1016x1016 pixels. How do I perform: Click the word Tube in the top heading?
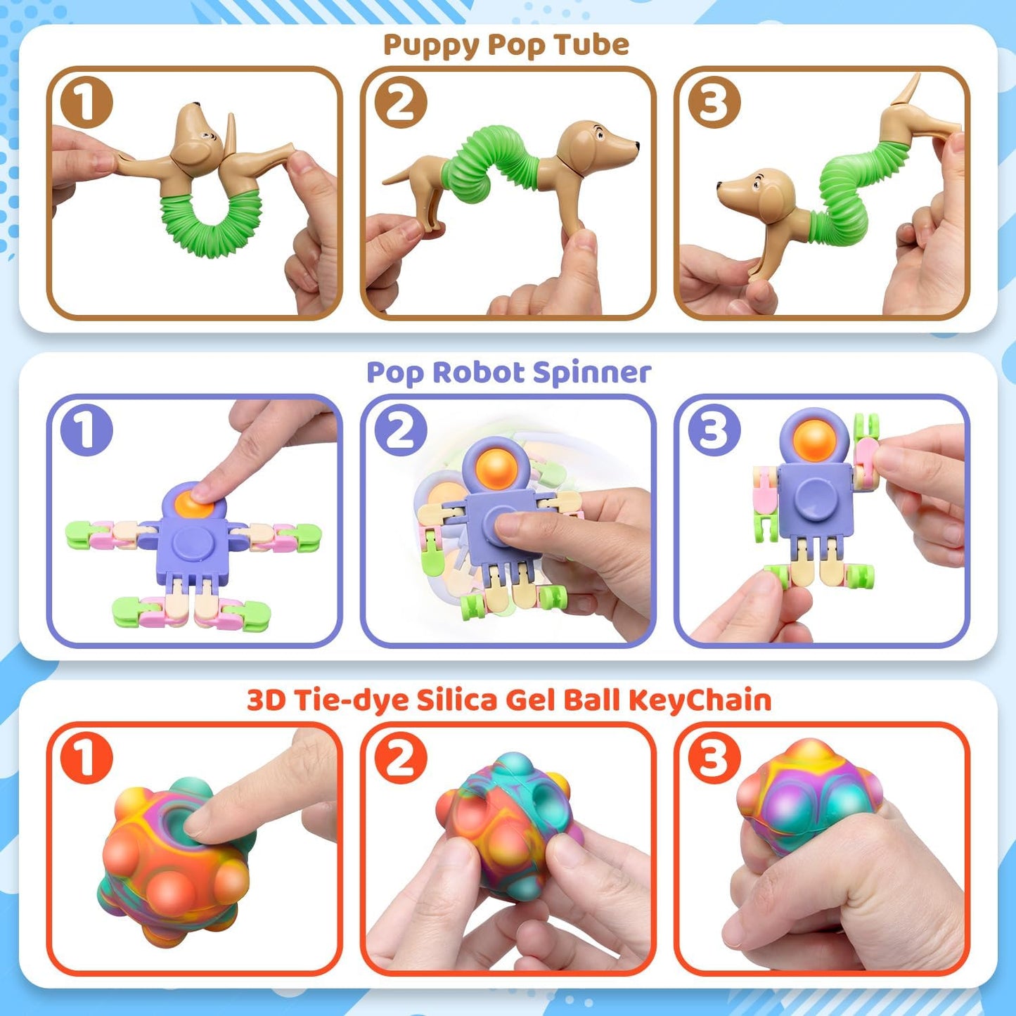pos(591,44)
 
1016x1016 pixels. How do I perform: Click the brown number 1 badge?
pos(86,102)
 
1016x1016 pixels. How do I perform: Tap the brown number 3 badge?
pos(714,102)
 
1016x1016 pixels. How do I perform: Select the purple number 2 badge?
pos(400,430)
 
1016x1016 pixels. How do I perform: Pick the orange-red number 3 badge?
pos(714,758)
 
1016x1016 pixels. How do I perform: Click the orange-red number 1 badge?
pos(86,758)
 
